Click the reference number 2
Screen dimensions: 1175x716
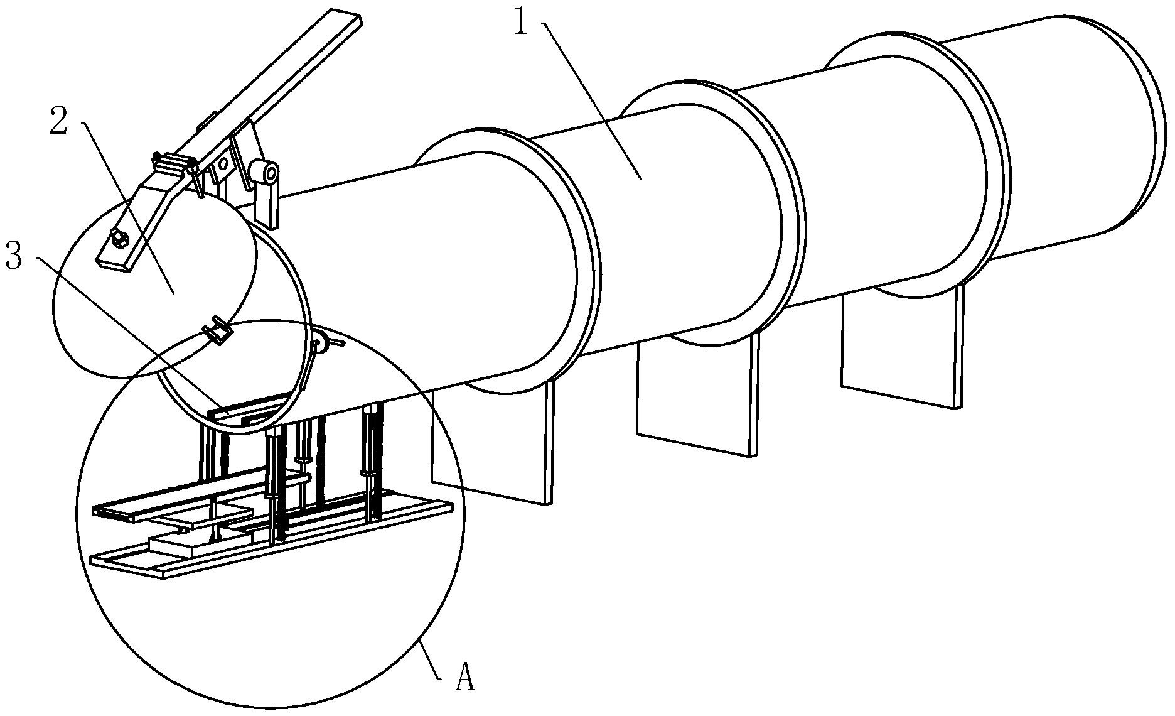pos(58,120)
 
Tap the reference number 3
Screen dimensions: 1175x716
pos(14,256)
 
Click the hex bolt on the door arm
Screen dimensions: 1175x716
pos(119,237)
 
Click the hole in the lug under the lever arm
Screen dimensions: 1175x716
pos(223,165)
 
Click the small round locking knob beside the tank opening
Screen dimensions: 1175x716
pos(318,343)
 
